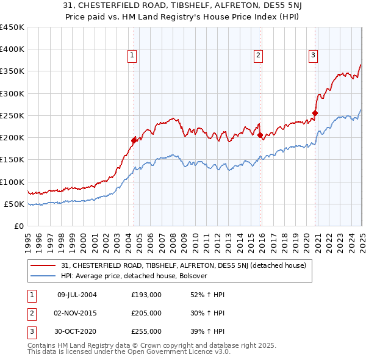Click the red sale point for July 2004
point(134,140)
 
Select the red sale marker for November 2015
point(260,135)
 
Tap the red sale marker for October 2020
point(315,113)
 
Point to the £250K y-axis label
point(12,115)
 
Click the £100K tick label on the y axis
point(12,182)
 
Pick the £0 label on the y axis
point(19,226)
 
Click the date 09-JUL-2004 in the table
point(76,295)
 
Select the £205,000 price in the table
point(146,313)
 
